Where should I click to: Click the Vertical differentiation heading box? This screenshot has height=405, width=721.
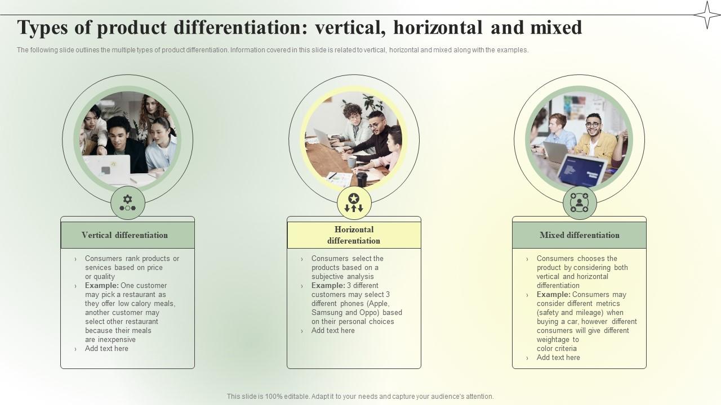point(127,235)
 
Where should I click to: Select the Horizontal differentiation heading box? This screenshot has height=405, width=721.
point(354,235)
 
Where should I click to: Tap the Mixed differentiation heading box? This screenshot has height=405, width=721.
point(579,235)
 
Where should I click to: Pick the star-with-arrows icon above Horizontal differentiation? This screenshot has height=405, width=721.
point(354,202)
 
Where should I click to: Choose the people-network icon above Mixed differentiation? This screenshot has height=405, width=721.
point(579,202)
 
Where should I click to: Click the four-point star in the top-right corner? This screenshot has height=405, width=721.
point(707,15)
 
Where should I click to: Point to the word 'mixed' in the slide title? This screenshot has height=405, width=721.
point(556,28)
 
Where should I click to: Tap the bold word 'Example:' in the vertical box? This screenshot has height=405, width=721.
point(102,286)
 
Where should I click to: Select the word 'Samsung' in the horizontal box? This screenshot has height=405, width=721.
point(327,313)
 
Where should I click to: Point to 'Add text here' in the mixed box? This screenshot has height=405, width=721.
point(558,358)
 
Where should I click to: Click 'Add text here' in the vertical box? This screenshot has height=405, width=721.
point(106,349)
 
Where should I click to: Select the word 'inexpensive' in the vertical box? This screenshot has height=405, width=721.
point(117,340)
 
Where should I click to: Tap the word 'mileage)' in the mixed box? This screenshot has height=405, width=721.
point(588,313)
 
